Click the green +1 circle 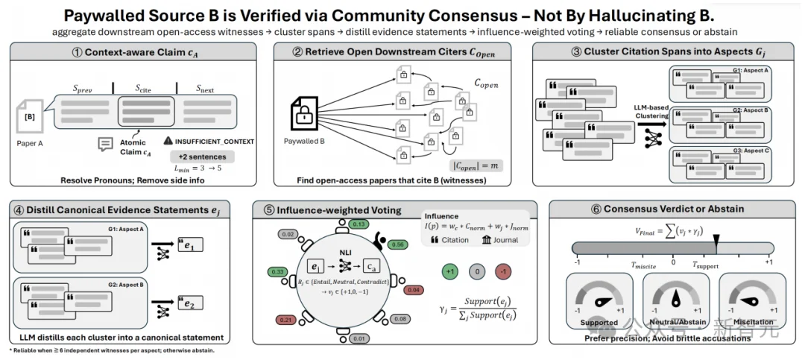(x=449, y=271)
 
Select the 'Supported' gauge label (x=599, y=323)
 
